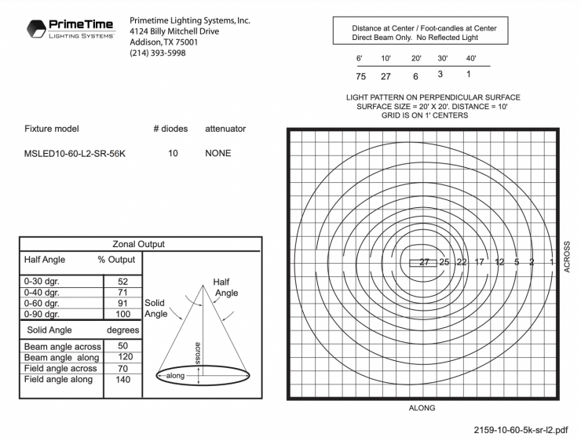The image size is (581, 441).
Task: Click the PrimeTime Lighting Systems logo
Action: [x=70, y=29]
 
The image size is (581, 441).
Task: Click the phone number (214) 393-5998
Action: [x=158, y=53]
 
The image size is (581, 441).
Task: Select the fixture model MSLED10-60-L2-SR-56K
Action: [x=75, y=154]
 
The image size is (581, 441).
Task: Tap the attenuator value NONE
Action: [x=218, y=154]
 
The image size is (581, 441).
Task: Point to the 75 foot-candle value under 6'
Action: [x=361, y=76]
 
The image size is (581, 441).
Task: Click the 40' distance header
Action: [x=471, y=59]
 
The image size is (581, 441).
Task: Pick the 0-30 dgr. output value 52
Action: [x=123, y=281]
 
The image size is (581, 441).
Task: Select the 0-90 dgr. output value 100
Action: [x=123, y=314]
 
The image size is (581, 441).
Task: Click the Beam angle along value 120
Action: [x=123, y=357]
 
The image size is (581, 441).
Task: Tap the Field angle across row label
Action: [x=60, y=368]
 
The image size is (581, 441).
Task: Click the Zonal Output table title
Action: [x=140, y=244]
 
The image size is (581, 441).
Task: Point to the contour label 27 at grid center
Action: [x=424, y=262]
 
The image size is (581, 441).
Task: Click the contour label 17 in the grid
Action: [x=480, y=262]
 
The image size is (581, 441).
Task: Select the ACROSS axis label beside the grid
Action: [x=567, y=260]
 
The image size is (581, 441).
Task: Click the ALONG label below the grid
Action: [x=422, y=408]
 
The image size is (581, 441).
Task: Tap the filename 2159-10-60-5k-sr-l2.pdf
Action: [x=521, y=430]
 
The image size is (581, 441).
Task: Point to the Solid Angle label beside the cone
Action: [x=155, y=308]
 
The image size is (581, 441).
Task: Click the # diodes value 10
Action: [x=173, y=154]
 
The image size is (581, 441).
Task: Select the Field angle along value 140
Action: [x=123, y=379]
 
